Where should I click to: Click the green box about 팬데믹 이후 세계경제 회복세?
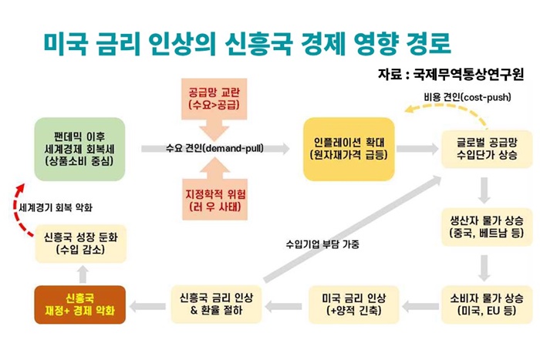(79, 149)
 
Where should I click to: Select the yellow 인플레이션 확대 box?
(349, 149)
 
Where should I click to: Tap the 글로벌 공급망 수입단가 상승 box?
(487, 149)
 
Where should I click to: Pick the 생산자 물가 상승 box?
(487, 227)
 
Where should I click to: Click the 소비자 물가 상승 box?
(487, 304)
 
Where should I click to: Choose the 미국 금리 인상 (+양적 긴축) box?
(353, 304)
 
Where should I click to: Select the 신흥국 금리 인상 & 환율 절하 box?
(216, 304)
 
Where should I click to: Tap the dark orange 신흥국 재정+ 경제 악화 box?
(80, 304)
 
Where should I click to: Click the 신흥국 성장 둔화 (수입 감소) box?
(80, 244)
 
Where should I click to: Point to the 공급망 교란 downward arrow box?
(214, 103)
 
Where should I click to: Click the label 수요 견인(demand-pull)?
(214, 148)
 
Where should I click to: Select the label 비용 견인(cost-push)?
(467, 97)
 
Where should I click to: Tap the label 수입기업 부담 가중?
(322, 244)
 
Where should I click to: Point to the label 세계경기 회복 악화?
(56, 207)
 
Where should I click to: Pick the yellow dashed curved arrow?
(447, 107)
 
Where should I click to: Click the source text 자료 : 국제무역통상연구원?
(451, 74)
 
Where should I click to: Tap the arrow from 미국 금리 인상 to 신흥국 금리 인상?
(284, 305)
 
